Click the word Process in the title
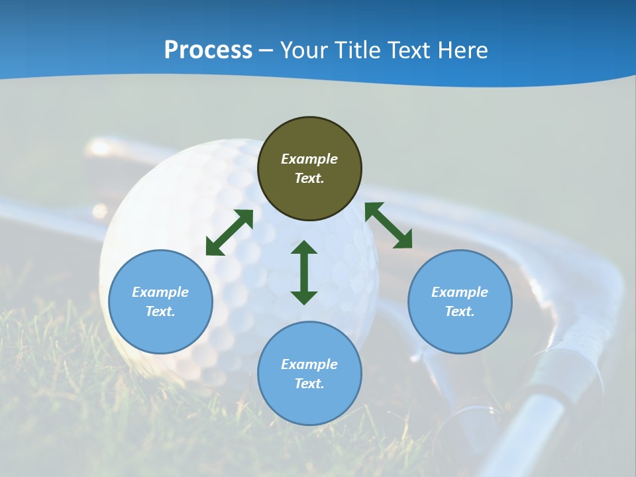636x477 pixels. pyautogui.click(x=208, y=50)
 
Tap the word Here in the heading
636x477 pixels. pyautogui.click(x=463, y=50)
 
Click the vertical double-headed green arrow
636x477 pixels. pyautogui.click(x=304, y=272)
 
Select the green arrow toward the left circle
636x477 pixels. pyautogui.click(x=229, y=233)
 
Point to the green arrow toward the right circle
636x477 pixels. pyautogui.click(x=389, y=225)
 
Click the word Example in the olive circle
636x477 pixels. pyautogui.click(x=309, y=159)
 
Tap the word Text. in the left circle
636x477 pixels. pyautogui.click(x=160, y=311)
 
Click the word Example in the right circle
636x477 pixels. pyautogui.click(x=460, y=292)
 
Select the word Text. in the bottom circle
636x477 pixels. pyautogui.click(x=309, y=384)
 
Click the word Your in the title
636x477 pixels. pyautogui.click(x=302, y=50)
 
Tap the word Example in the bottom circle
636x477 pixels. pyautogui.click(x=309, y=364)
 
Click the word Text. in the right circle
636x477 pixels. pyautogui.click(x=460, y=311)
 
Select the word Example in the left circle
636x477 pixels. pyautogui.click(x=160, y=292)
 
